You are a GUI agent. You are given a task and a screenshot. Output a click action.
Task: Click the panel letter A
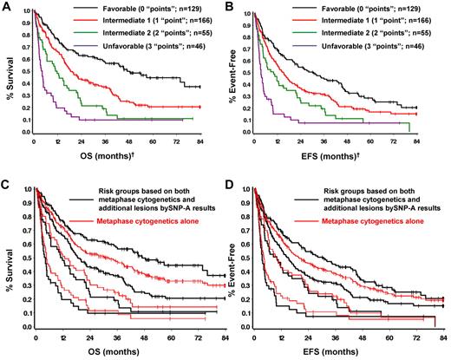pos(7,8)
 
